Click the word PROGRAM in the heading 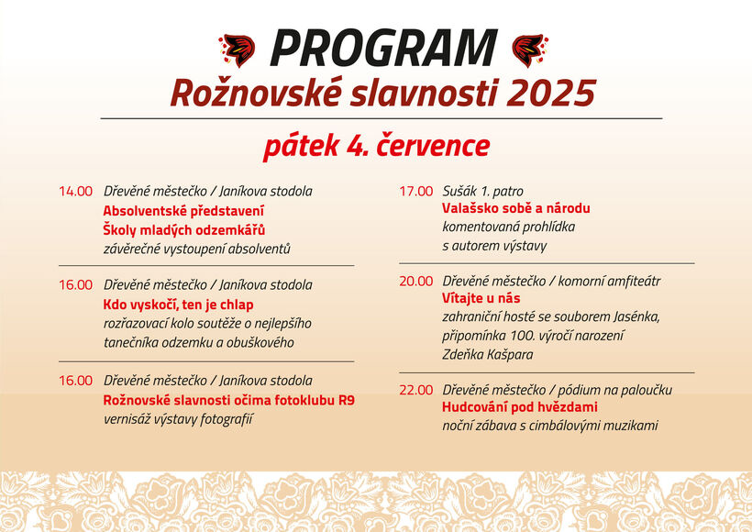pos(384,48)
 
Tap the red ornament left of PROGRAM pos(237,50)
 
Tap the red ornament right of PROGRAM pos(530,50)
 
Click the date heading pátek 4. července pos(377,146)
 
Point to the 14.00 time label pos(75,192)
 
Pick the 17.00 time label pos(415,192)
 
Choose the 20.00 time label pos(415,281)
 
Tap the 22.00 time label pos(415,390)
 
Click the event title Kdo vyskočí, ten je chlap pos(179,305)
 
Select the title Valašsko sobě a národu pos(516,208)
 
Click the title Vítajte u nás pos(481,298)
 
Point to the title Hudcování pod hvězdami pos(520,407)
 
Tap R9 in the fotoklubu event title pos(347,400)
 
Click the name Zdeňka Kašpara pos(487,354)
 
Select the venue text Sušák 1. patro pos(482,192)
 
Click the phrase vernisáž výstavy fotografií pos(178,419)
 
